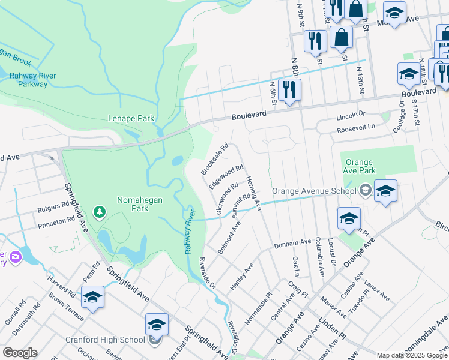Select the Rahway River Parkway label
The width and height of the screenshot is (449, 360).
(x=24, y=79)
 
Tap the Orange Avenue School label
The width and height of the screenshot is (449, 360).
(x=314, y=191)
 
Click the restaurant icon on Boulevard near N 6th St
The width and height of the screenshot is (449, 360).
(x=289, y=90)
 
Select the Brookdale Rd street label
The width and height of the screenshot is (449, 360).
(x=215, y=159)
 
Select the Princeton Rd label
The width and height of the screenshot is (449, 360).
(x=56, y=220)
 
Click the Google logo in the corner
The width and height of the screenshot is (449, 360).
(x=20, y=353)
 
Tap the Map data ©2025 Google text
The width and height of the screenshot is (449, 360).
(x=412, y=355)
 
